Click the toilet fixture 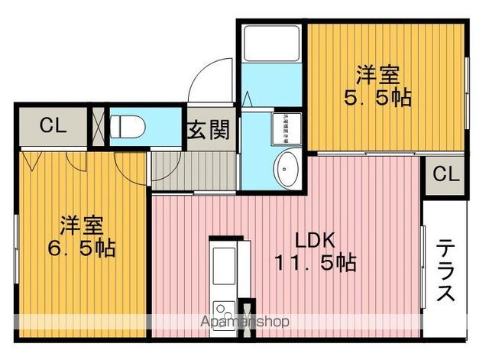tap(125, 126)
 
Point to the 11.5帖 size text tap(315, 263)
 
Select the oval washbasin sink tap(287, 168)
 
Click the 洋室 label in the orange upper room tap(377, 76)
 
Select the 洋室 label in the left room tap(82, 225)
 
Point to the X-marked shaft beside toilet tap(98, 127)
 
